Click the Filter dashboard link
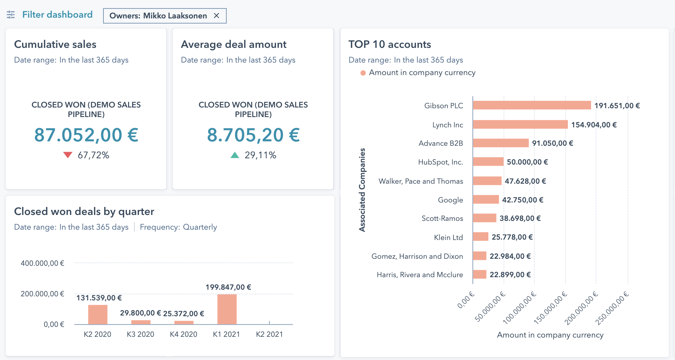click(x=57, y=15)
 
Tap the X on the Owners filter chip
click(x=216, y=15)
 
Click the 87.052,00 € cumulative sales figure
click(x=86, y=135)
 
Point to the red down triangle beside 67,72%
click(x=68, y=155)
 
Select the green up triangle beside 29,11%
click(x=235, y=155)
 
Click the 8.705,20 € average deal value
click(x=253, y=135)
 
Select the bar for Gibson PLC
click(x=532, y=105)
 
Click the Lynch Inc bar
click(x=520, y=124)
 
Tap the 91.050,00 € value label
click(x=552, y=143)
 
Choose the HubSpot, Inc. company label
click(x=441, y=162)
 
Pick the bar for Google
click(x=486, y=200)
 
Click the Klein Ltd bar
click(x=481, y=237)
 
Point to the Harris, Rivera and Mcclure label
click(x=420, y=275)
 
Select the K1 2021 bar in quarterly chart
click(x=227, y=309)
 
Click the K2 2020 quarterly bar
click(x=98, y=315)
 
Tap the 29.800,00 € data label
click(x=140, y=313)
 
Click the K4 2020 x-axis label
click(x=183, y=334)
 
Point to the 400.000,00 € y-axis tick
click(x=42, y=263)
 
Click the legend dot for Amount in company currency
click(x=363, y=73)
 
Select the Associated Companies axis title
click(x=362, y=190)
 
